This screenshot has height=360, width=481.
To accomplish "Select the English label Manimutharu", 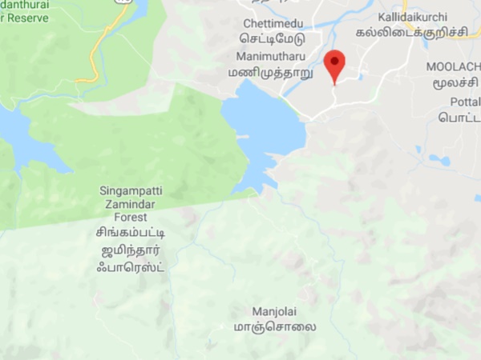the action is [x=269, y=57].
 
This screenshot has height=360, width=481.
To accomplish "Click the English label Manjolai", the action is [x=274, y=310].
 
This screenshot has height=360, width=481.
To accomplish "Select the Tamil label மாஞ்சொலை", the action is [x=274, y=326].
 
